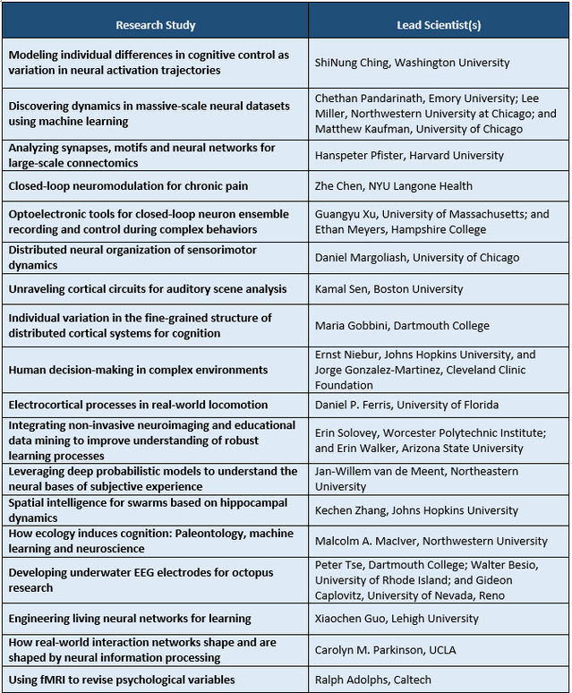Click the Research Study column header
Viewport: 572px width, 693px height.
click(x=155, y=24)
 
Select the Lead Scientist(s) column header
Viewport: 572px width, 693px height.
click(x=439, y=24)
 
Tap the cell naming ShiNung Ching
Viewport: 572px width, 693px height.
click(x=412, y=63)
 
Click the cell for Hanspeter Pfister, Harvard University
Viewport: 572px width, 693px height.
click(x=409, y=155)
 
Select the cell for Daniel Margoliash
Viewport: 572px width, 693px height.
click(x=416, y=258)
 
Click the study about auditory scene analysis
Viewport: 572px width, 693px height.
click(x=148, y=288)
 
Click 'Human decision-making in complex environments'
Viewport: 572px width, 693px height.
click(x=138, y=370)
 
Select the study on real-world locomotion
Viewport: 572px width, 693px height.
click(x=139, y=405)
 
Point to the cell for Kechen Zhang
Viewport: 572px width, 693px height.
click(x=416, y=510)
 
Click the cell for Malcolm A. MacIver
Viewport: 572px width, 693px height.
click(x=431, y=541)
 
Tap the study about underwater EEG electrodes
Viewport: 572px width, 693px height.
click(x=141, y=579)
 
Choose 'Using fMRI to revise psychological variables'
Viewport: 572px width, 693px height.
click(x=122, y=680)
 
